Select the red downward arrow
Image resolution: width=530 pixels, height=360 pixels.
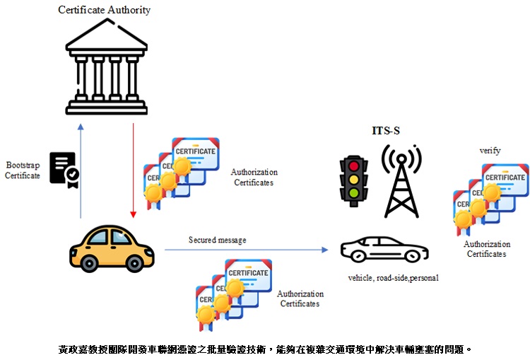click(x=133, y=170)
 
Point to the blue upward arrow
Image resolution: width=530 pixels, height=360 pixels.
click(x=81, y=170)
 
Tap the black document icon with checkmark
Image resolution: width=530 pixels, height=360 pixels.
click(x=64, y=170)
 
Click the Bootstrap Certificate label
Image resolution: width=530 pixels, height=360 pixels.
click(x=23, y=170)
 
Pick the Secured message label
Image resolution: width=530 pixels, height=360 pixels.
click(x=217, y=240)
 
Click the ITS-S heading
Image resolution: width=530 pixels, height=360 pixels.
click(x=386, y=131)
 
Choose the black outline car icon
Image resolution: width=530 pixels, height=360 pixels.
click(x=384, y=250)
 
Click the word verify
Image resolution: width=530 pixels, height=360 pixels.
click(x=489, y=151)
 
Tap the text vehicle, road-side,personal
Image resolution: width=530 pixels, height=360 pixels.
click(x=393, y=278)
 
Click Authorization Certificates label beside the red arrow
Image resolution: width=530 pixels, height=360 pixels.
click(x=254, y=177)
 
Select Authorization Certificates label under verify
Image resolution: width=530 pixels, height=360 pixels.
click(x=486, y=249)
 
